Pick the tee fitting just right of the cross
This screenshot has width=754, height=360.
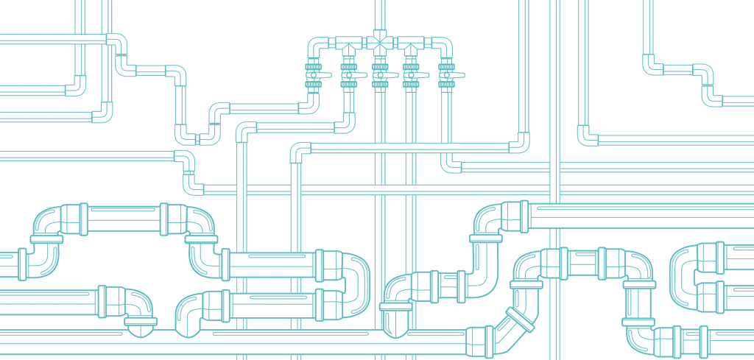click(x=411, y=46)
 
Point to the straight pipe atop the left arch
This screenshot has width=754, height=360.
click(x=122, y=219)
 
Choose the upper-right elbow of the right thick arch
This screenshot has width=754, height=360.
click(x=637, y=265)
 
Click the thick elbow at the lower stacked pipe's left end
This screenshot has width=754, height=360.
click(x=188, y=309)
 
